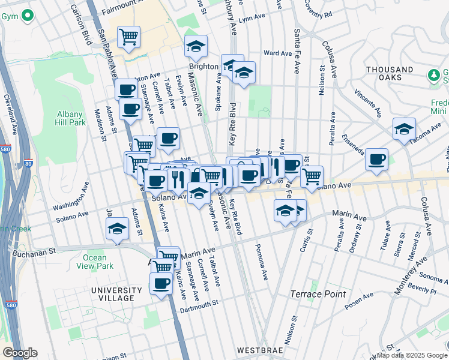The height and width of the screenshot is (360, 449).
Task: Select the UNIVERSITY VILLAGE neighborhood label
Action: click(113, 295)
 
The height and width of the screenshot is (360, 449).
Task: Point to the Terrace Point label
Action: click(318, 294)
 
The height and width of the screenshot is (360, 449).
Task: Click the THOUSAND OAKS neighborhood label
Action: click(390, 73)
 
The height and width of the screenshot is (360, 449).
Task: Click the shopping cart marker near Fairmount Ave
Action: click(128, 37)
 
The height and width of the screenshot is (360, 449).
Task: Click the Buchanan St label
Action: click(34, 250)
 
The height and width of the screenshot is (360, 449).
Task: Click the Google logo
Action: click(20, 353)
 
